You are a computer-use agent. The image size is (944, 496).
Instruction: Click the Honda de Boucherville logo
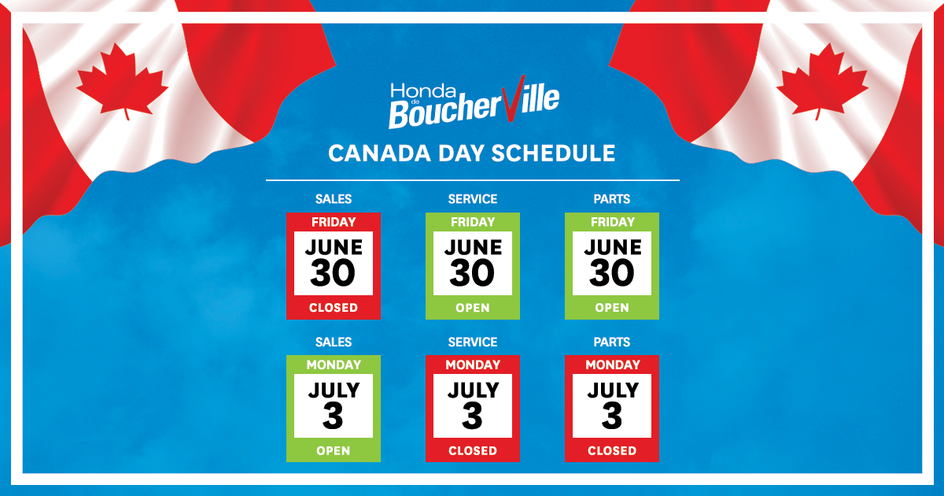(x=473, y=104)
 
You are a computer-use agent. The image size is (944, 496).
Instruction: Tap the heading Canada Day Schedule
(x=471, y=153)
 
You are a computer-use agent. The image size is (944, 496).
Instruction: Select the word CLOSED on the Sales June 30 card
(x=333, y=308)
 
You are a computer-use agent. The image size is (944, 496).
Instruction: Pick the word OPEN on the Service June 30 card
(x=472, y=308)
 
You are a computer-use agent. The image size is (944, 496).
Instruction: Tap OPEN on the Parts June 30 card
(x=611, y=308)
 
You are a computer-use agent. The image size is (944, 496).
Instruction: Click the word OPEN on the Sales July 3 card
(x=333, y=451)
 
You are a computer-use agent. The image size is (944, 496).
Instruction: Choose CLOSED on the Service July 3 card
(x=472, y=451)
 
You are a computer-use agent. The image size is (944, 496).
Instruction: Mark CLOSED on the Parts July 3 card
(x=611, y=451)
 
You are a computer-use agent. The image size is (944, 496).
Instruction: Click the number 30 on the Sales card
(x=333, y=273)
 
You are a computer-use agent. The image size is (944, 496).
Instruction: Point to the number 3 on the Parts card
(x=612, y=416)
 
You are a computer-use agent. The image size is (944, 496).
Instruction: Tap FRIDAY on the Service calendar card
(x=472, y=222)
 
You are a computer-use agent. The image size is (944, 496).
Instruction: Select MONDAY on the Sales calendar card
(x=333, y=365)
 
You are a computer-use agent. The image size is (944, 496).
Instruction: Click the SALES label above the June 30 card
(x=333, y=199)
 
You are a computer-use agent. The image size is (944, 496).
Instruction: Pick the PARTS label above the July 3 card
(x=612, y=342)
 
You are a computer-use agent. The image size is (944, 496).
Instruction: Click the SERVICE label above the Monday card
(x=472, y=342)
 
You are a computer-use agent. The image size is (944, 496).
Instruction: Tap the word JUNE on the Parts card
(x=612, y=246)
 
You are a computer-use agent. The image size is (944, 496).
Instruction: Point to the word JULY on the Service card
(x=472, y=390)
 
